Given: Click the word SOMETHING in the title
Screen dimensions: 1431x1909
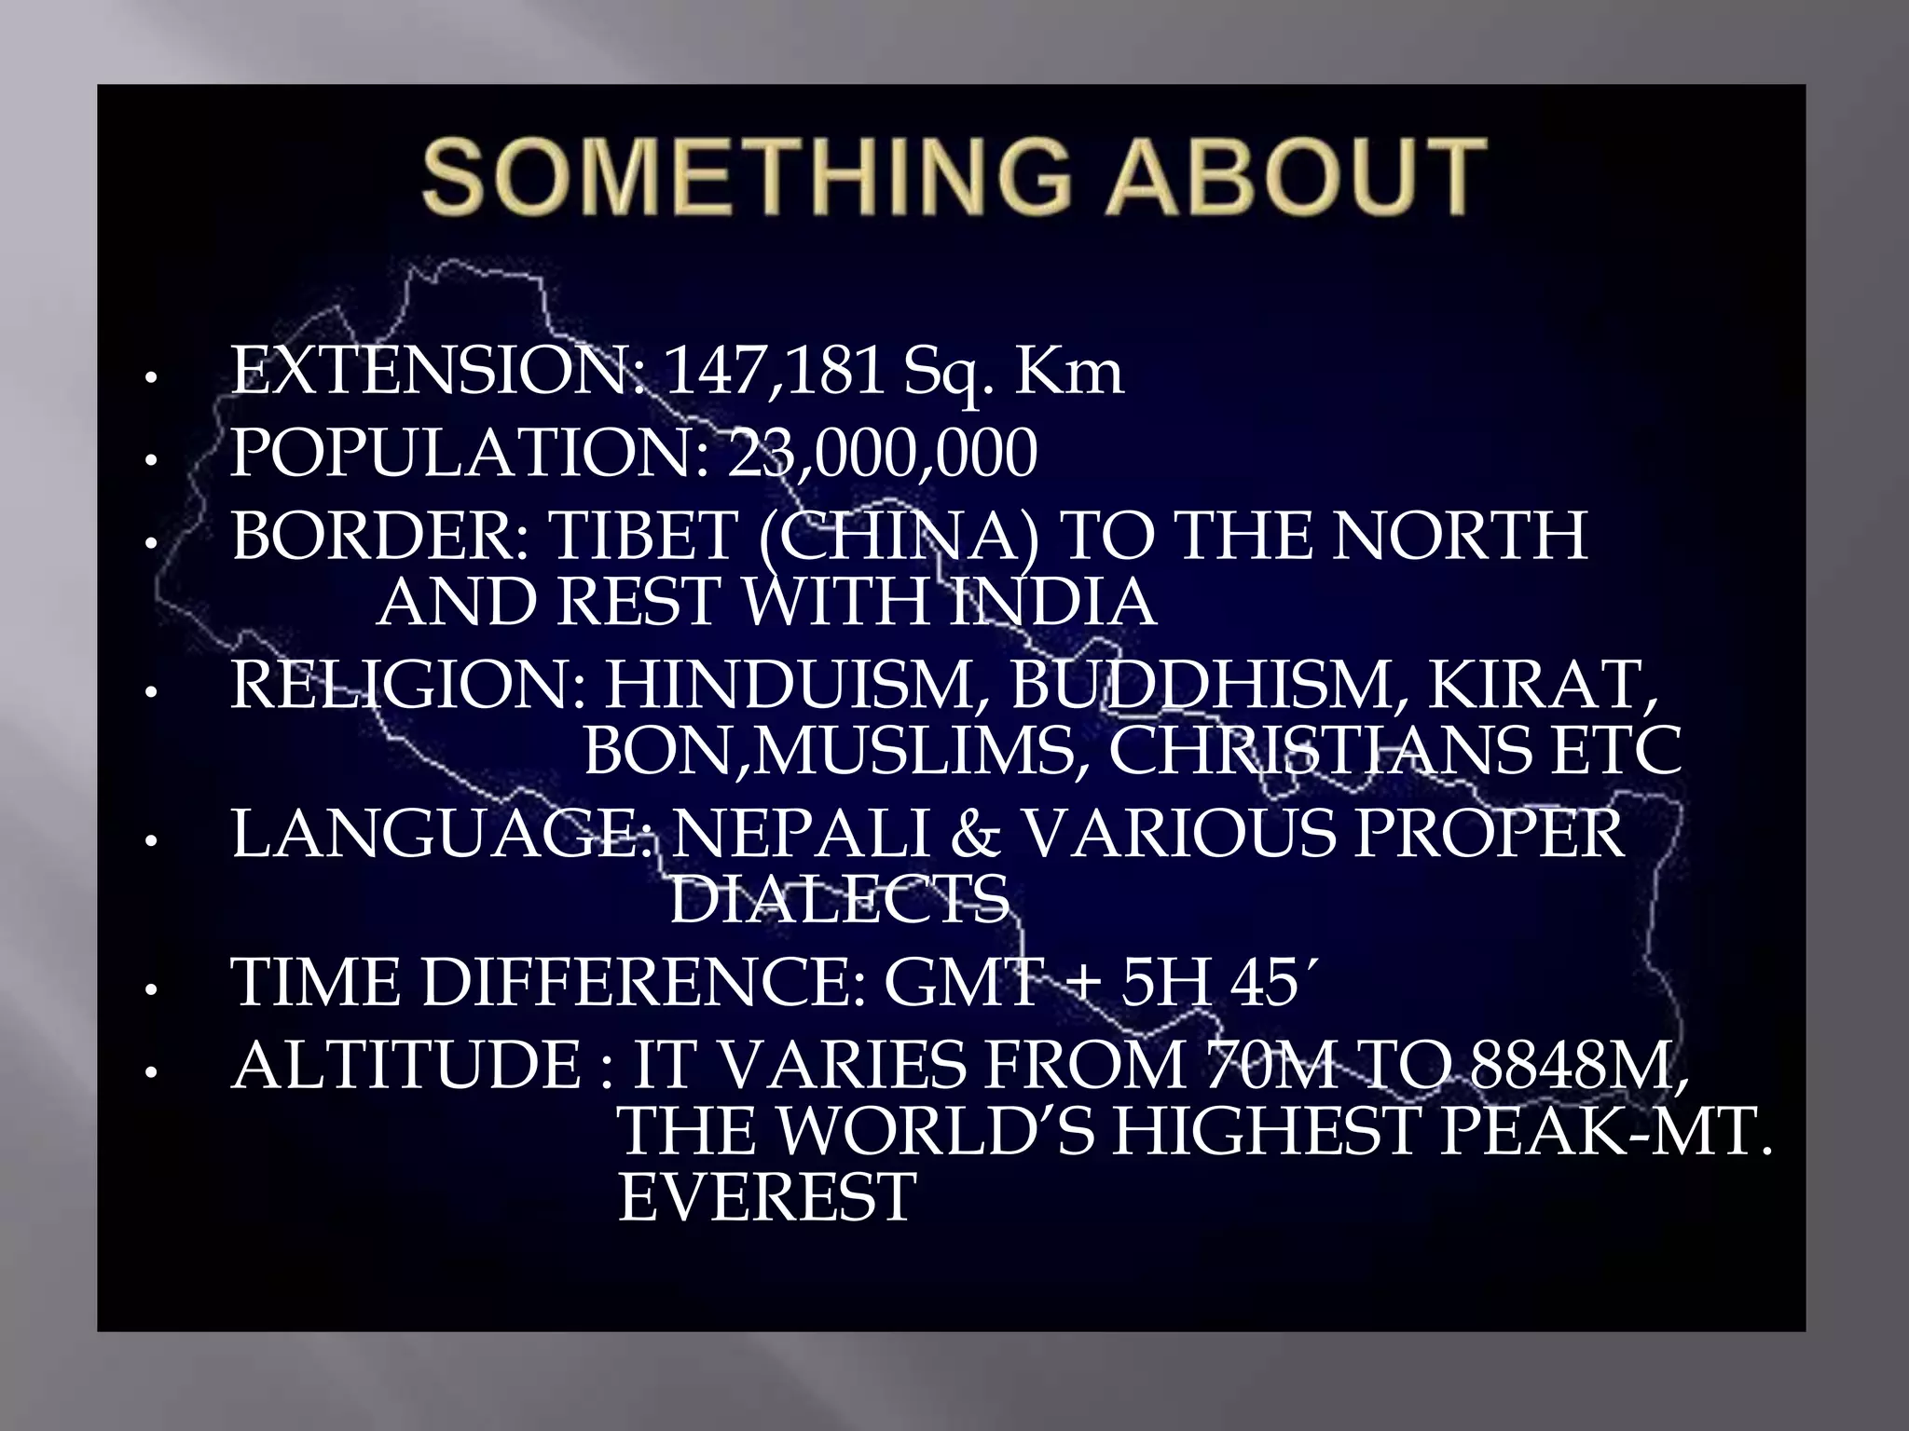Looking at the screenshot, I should pyautogui.click(x=745, y=176).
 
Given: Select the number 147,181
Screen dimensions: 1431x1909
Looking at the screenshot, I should pyautogui.click(x=775, y=372).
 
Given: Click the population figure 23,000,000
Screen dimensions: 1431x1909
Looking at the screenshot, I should pyautogui.click(x=882, y=454).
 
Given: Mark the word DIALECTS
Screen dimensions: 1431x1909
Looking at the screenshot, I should pyautogui.click(x=840, y=899).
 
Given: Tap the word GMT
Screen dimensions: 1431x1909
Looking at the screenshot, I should pyautogui.click(x=961, y=983).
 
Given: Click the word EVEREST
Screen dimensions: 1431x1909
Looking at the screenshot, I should pyautogui.click(x=767, y=1197).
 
